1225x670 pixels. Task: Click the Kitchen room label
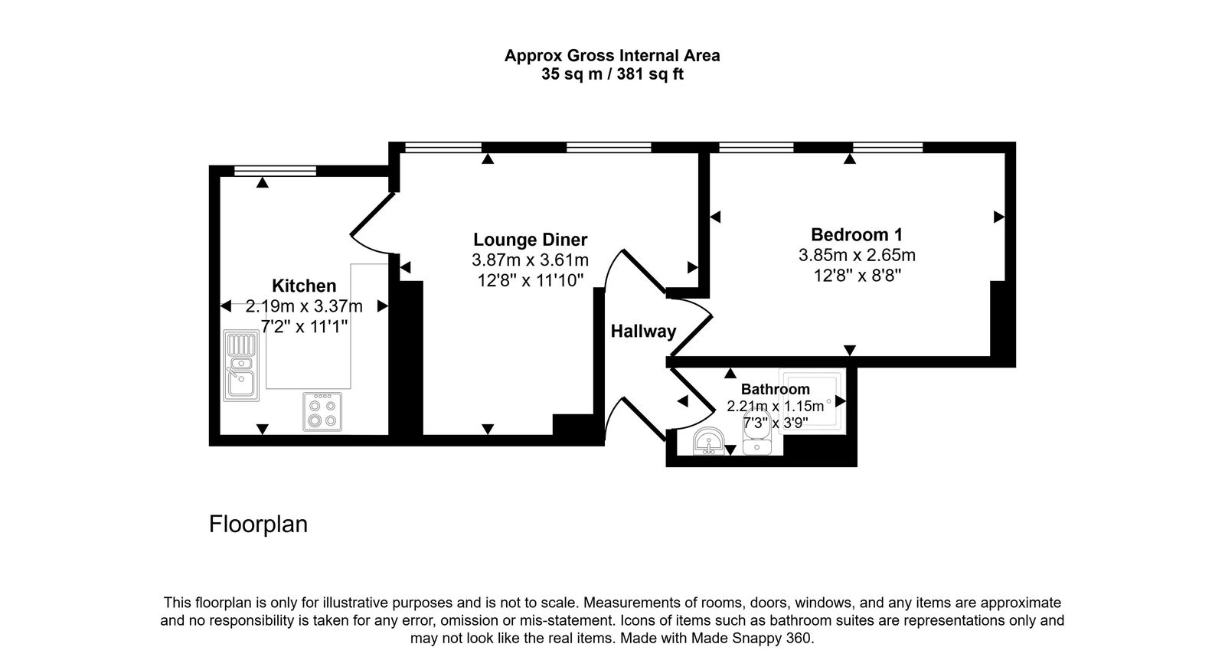pyautogui.click(x=304, y=286)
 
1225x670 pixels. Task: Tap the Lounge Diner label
pyautogui.click(x=530, y=240)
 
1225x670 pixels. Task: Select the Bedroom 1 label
pyautogui.click(x=857, y=234)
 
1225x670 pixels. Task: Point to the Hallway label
pyautogui.click(x=643, y=332)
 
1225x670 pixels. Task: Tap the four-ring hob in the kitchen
pyautogui.click(x=322, y=412)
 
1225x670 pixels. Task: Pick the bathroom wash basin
pyautogui.click(x=710, y=443)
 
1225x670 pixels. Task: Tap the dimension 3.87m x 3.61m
pyautogui.click(x=530, y=260)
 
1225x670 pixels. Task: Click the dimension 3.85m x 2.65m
pyautogui.click(x=857, y=255)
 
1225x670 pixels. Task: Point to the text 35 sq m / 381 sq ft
pyautogui.click(x=612, y=75)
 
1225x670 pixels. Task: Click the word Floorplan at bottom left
pyautogui.click(x=258, y=525)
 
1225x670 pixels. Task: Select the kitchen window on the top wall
pyautogui.click(x=274, y=171)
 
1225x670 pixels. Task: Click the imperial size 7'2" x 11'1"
pyautogui.click(x=304, y=326)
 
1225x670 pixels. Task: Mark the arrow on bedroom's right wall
pyautogui.click(x=998, y=217)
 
